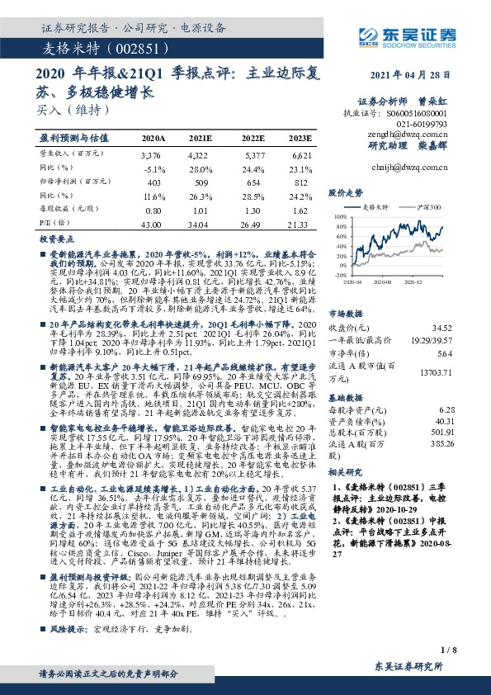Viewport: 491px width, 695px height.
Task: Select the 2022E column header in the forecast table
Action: (x=253, y=138)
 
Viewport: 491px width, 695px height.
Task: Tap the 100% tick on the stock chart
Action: (x=339, y=215)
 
